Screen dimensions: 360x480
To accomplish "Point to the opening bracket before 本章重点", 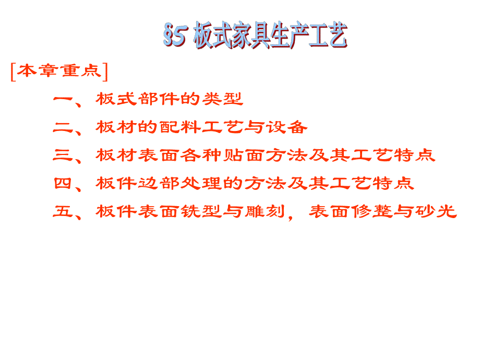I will pyautogui.click(x=13, y=72).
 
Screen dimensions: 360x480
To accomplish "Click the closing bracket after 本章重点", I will pyautogui.click(x=105, y=72).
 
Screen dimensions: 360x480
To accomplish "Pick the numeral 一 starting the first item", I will pyautogui.click(x=63, y=99).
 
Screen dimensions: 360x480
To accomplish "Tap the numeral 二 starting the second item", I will pyautogui.click(x=63, y=127).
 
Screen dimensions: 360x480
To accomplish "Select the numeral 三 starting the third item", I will pyautogui.click(x=63, y=155).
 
